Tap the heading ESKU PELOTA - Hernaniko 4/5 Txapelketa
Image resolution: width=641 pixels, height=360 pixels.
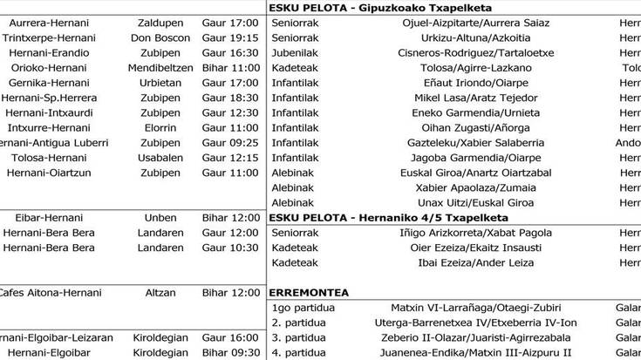pyautogui.click(x=389, y=217)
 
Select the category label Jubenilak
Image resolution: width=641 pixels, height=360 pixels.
pyautogui.click(x=295, y=51)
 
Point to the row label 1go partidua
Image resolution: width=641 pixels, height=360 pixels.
pyautogui.click(x=298, y=309)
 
